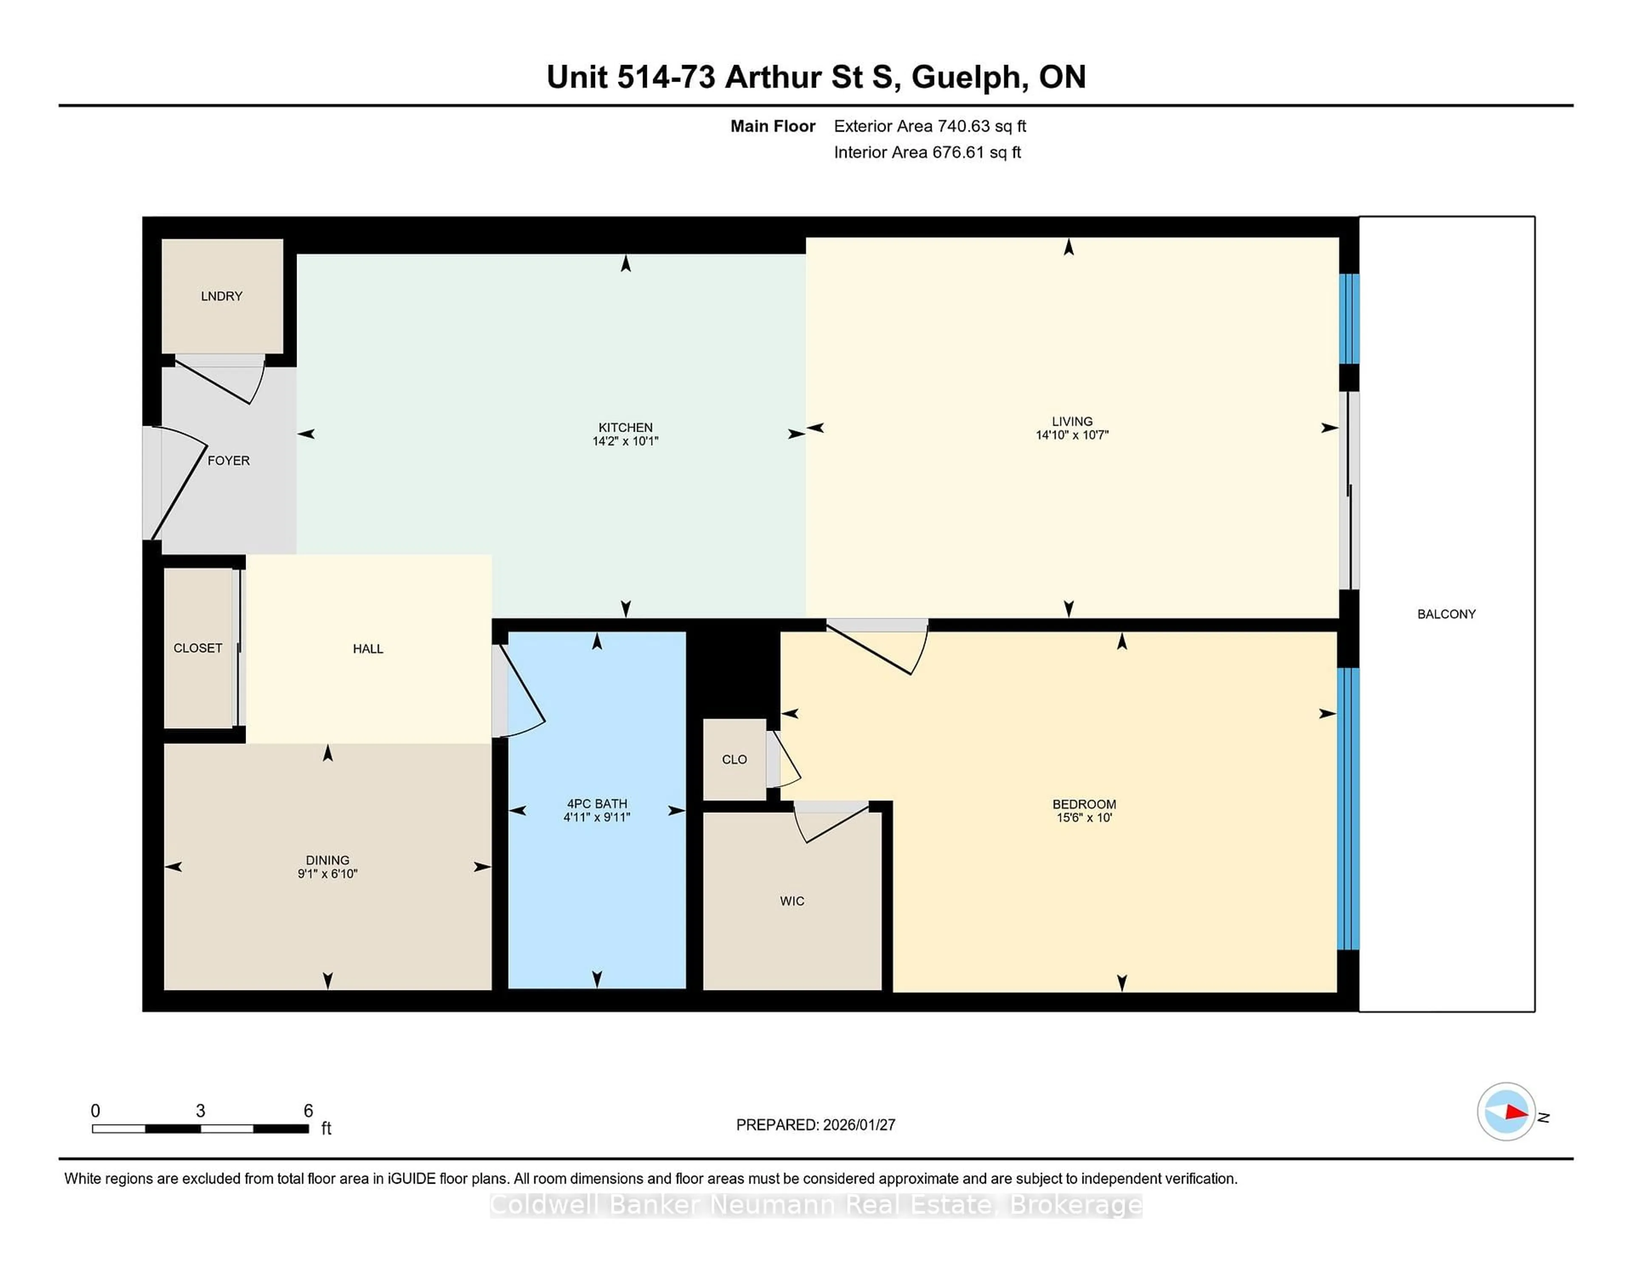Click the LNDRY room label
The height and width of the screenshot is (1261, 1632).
pos(221,297)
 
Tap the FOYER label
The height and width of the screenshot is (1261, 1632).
pos(228,461)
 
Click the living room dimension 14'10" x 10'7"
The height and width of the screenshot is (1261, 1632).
pos(1071,435)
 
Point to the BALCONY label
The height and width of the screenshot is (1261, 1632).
pos(1446,614)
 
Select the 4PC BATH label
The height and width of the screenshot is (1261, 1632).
pos(596,804)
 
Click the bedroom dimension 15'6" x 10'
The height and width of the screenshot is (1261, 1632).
pos(1083,818)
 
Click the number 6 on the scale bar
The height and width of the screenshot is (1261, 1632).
pos(308,1111)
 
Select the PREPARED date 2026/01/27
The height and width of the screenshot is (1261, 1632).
pos(858,1125)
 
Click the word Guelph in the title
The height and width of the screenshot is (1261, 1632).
pos(966,77)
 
